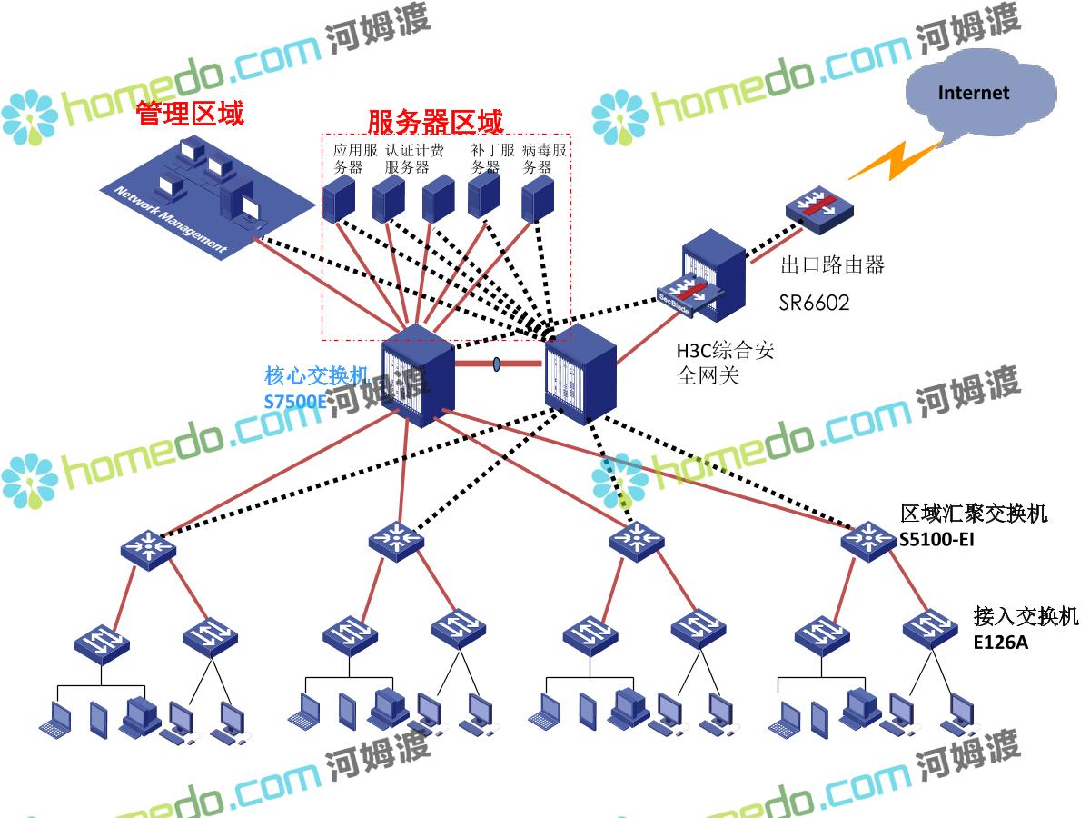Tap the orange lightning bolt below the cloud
click(894, 161)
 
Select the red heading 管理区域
click(190, 114)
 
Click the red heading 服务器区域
click(435, 121)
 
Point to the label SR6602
click(814, 303)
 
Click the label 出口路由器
click(832, 264)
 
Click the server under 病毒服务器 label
click(538, 197)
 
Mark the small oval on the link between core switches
click(497, 364)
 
